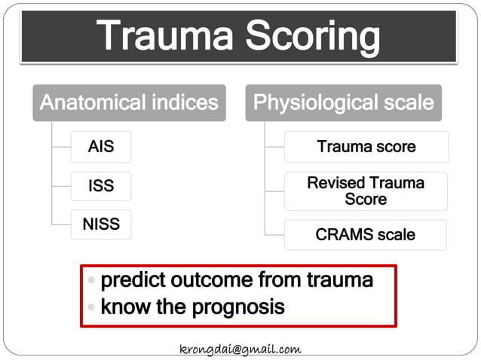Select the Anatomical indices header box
click(129, 102)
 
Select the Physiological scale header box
click(343, 102)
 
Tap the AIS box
click(101, 146)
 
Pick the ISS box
click(101, 186)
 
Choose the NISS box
click(101, 224)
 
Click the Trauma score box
click(366, 147)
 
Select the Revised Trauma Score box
click(366, 191)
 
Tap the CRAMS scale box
click(366, 235)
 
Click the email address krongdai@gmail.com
click(240, 349)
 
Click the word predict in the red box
click(132, 281)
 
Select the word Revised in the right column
click(335, 183)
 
